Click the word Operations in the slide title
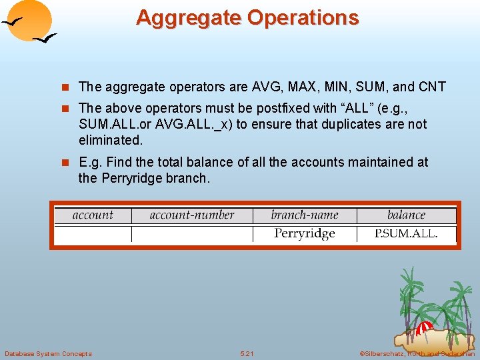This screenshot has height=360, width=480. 303,18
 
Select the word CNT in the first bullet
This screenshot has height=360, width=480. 432,87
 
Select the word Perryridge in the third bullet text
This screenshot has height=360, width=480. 134,178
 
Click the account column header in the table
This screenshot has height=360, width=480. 93,215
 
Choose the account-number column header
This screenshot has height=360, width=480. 192,215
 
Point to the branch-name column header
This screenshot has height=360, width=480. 305,215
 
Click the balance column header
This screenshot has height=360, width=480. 406,215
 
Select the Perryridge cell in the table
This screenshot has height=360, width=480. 305,234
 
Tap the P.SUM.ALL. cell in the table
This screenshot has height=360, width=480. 406,234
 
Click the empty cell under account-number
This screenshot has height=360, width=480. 192,234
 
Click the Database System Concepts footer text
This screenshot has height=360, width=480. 48,353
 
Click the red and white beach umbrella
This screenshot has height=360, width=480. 424,327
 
